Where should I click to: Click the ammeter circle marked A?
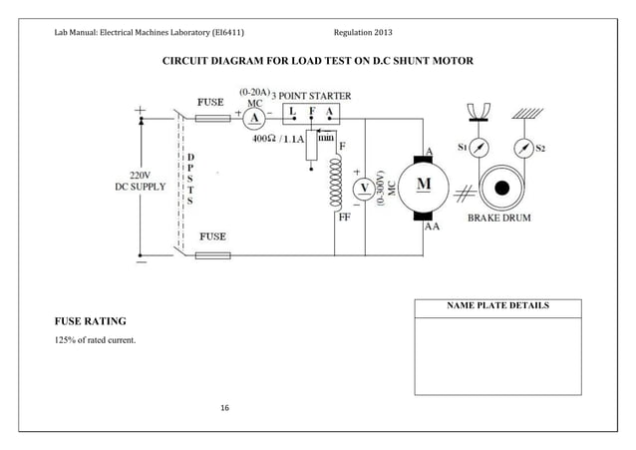pos(254,118)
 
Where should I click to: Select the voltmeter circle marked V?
pos(365,188)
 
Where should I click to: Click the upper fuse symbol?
pos(213,118)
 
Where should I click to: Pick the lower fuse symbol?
pos(213,255)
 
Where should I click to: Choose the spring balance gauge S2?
pos(521,149)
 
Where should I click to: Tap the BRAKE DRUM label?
pos(504,217)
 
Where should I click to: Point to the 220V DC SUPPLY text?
pos(141,180)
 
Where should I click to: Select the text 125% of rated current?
pos(94,343)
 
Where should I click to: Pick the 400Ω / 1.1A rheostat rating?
pos(279,140)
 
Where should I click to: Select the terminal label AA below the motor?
pos(433,226)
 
